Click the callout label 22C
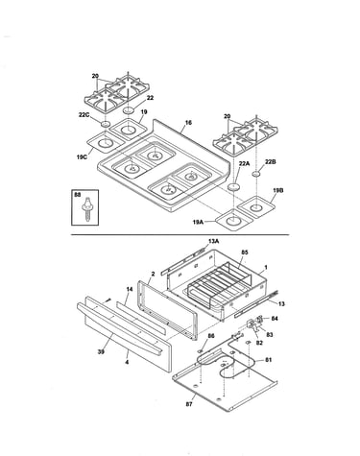tap(84, 114)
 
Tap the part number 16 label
tap(188, 123)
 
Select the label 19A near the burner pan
tap(199, 222)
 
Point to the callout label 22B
tap(271, 162)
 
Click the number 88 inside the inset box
tap(77, 195)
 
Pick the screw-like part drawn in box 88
tap(87, 208)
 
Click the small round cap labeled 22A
tap(234, 186)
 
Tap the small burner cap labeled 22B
tap(256, 174)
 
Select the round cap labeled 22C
tap(106, 124)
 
